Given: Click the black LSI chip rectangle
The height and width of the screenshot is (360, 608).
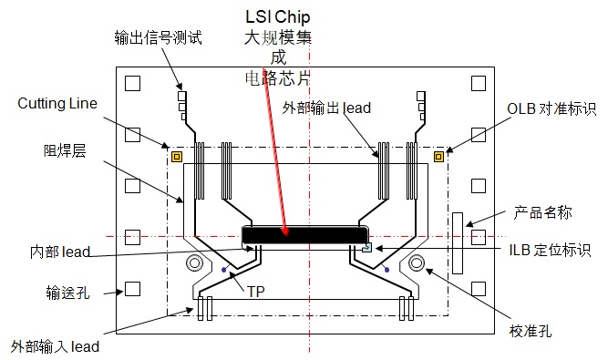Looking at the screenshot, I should tap(304, 235).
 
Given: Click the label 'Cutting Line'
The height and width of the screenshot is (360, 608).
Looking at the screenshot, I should tap(57, 104).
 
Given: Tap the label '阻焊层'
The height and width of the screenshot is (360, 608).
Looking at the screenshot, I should tap(61, 149).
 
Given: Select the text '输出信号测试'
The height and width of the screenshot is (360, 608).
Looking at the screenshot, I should tap(158, 37).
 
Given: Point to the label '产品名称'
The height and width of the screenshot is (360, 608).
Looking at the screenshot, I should tap(543, 212).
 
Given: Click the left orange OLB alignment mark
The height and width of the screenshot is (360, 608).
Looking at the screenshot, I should tap(177, 156).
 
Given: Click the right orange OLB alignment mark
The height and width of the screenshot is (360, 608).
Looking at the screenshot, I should tap(439, 156).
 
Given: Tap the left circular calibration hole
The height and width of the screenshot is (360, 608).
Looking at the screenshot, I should tap(194, 264).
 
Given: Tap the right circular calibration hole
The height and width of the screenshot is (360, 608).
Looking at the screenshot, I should tap(417, 264).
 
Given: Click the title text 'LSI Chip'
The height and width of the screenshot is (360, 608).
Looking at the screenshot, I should tap(278, 17).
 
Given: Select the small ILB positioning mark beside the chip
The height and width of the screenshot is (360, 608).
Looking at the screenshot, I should tap(366, 247).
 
